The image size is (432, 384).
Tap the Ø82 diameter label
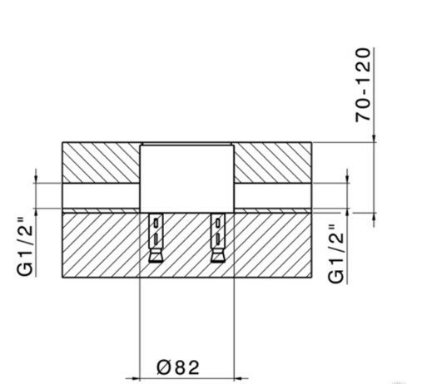pyautogui.click(x=178, y=366)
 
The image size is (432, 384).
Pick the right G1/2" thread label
pyautogui.click(x=337, y=254)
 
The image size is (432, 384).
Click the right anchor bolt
pyautogui.click(x=218, y=236)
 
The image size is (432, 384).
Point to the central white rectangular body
pyautogui.click(x=186, y=175)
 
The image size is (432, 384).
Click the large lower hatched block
pyautogui.click(x=100, y=245)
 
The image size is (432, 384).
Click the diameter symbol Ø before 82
pyautogui.click(x=164, y=366)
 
